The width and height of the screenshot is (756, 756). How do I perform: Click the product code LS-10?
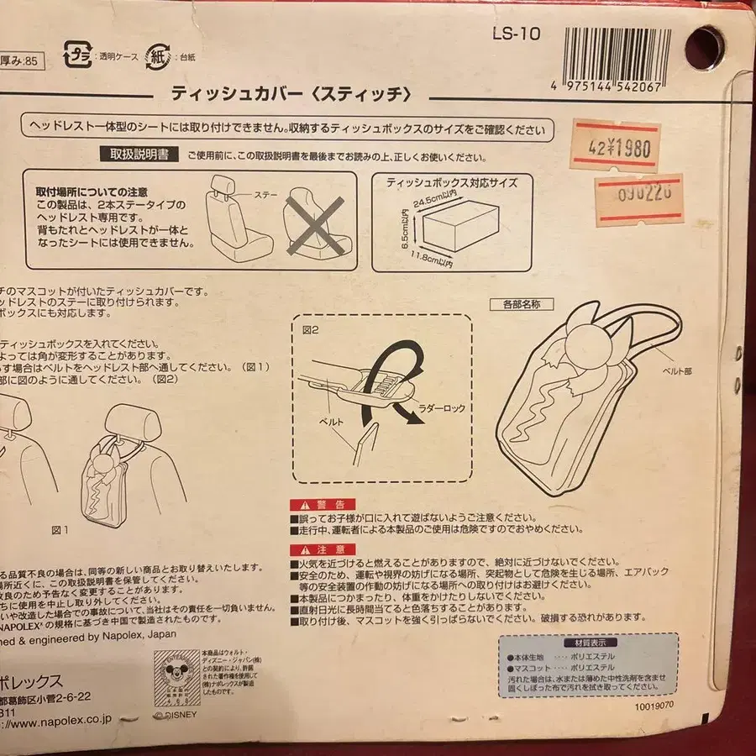(x=517, y=34)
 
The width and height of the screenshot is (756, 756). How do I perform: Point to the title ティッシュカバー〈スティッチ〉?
(x=290, y=93)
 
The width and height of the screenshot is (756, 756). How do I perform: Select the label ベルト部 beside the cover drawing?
(x=676, y=370)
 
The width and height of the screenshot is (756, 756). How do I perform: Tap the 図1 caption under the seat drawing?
(x=60, y=530)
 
